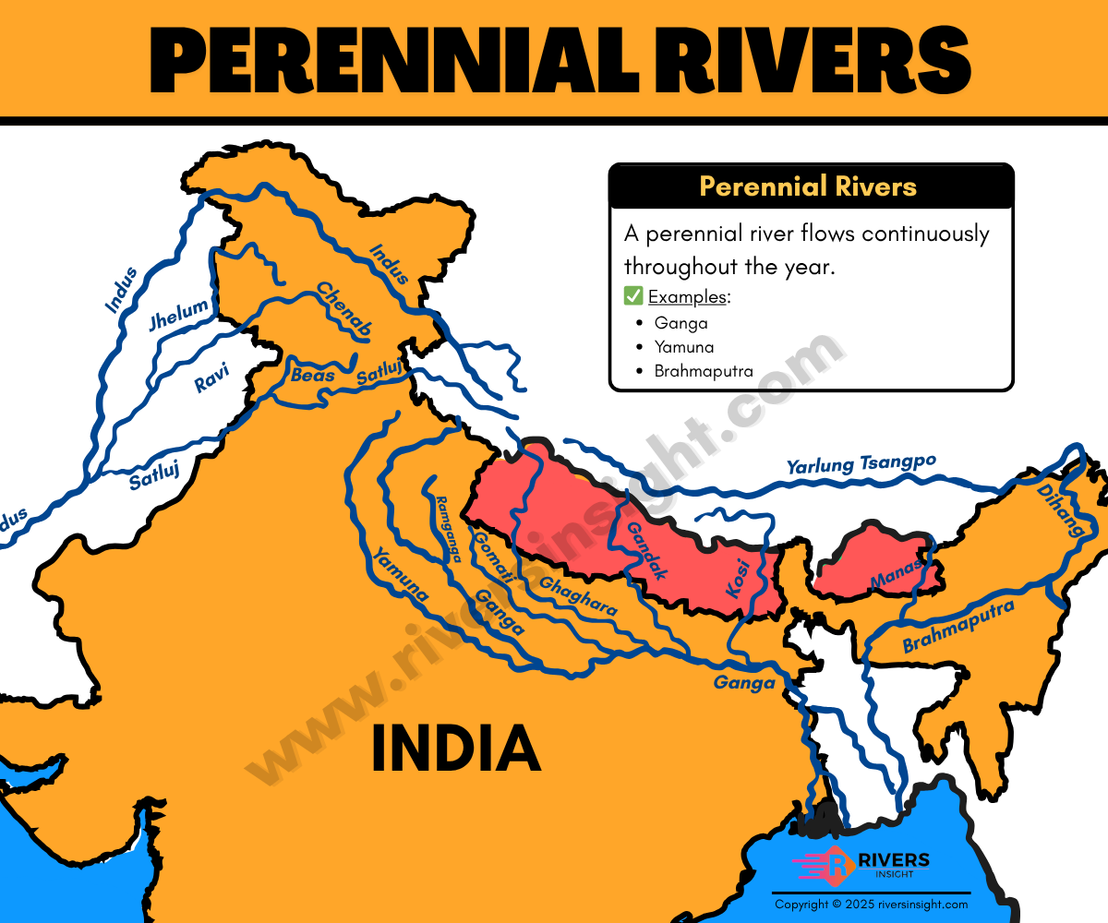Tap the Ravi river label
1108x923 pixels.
point(211,378)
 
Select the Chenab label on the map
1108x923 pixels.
point(344,308)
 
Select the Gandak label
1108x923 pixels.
point(646,550)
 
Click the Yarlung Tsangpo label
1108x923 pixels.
point(861,464)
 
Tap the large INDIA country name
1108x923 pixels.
point(455,749)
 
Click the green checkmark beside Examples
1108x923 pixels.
point(633,296)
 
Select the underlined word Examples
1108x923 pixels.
point(688,297)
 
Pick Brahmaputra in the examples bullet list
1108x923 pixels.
point(704,371)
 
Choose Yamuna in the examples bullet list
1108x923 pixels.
point(684,347)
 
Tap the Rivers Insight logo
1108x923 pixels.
point(861,866)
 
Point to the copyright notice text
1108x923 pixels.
point(871,905)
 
